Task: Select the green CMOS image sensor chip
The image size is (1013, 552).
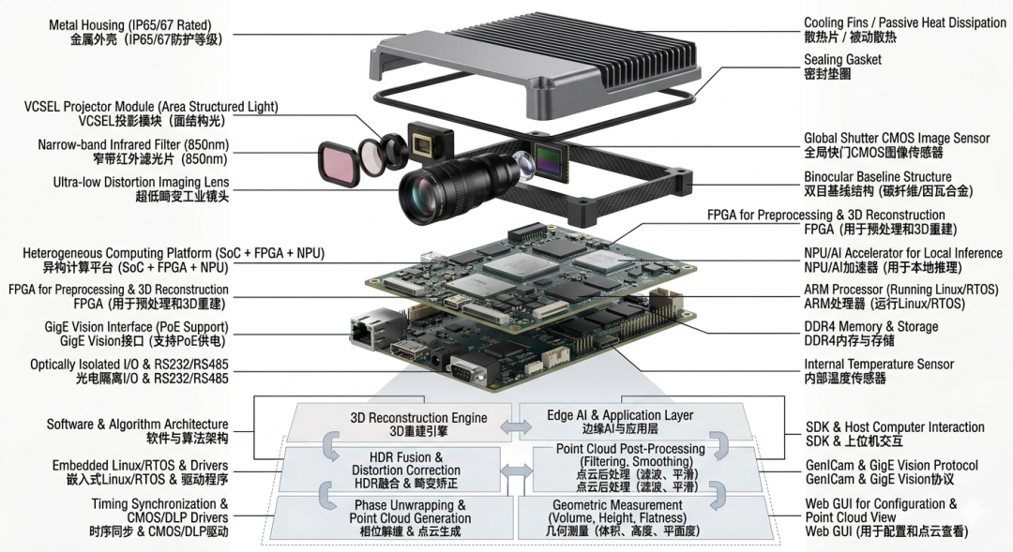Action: point(550,157)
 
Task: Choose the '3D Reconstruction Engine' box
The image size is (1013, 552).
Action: point(401,424)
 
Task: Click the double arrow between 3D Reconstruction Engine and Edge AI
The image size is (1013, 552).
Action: point(516,426)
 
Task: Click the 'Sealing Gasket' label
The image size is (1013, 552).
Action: point(842,67)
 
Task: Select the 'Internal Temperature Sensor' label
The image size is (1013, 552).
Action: point(879,371)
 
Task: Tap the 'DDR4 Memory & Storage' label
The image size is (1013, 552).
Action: point(870,334)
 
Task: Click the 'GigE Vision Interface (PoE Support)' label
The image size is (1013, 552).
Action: point(136,334)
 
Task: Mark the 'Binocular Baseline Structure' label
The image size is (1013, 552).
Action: point(888,184)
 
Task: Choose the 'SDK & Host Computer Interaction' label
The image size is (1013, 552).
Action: point(895,434)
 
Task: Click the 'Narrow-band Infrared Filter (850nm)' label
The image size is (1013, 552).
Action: point(133,152)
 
